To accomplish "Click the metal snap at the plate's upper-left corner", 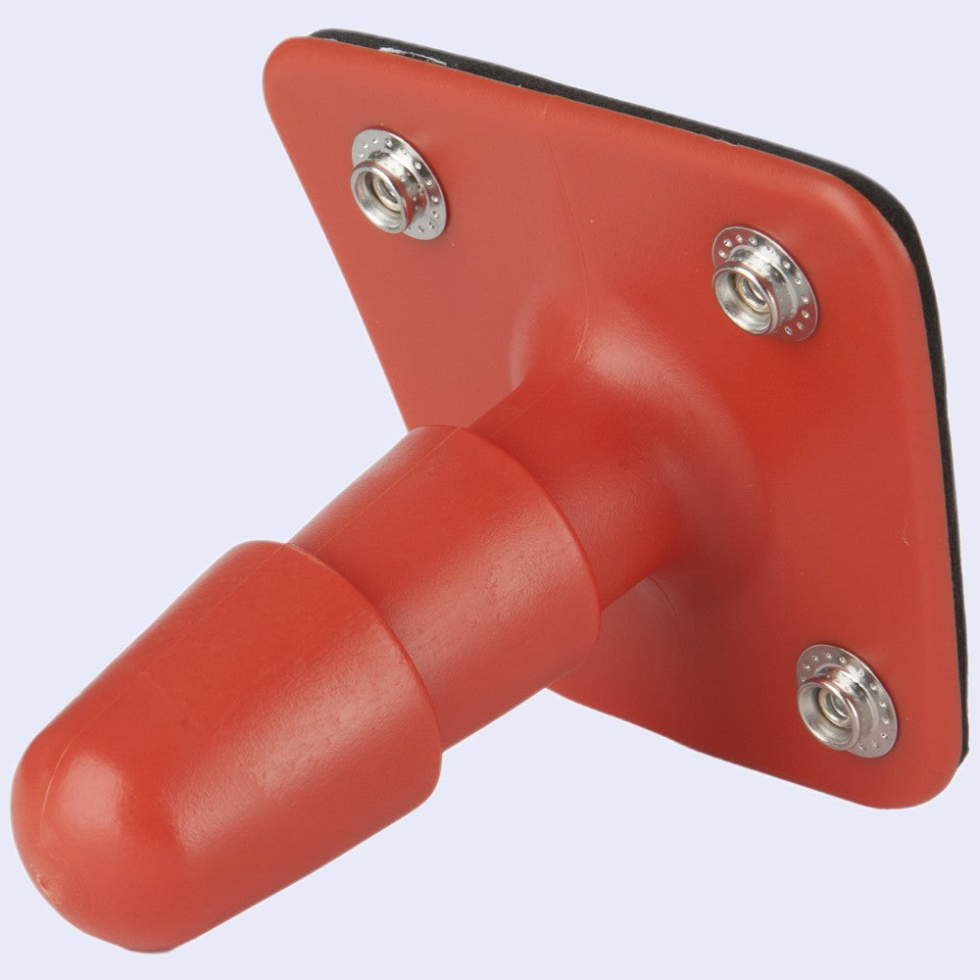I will point(398,183).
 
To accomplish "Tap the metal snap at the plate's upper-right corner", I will point(763,283).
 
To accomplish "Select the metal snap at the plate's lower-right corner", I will point(846,700).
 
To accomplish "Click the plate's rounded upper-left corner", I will point(284,64).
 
